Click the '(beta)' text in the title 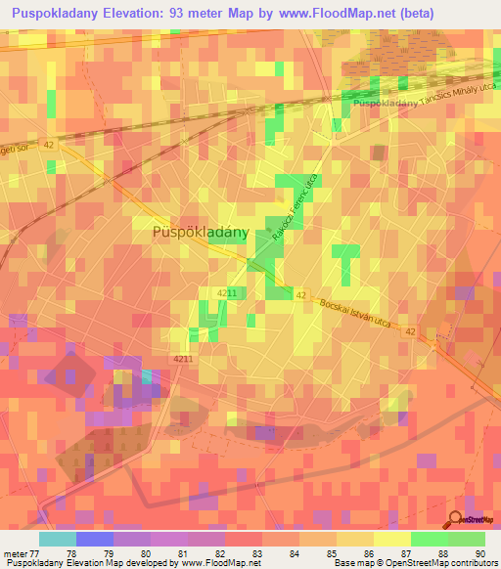pyautogui.click(x=407, y=14)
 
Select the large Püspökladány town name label pyautogui.click(x=201, y=233)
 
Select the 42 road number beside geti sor pyautogui.click(x=50, y=144)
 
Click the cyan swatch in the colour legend pyautogui.click(x=58, y=538)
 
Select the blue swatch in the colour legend pyautogui.click(x=95, y=538)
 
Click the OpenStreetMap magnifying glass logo pyautogui.click(x=457, y=519)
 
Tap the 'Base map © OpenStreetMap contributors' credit pyautogui.click(x=414, y=563)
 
